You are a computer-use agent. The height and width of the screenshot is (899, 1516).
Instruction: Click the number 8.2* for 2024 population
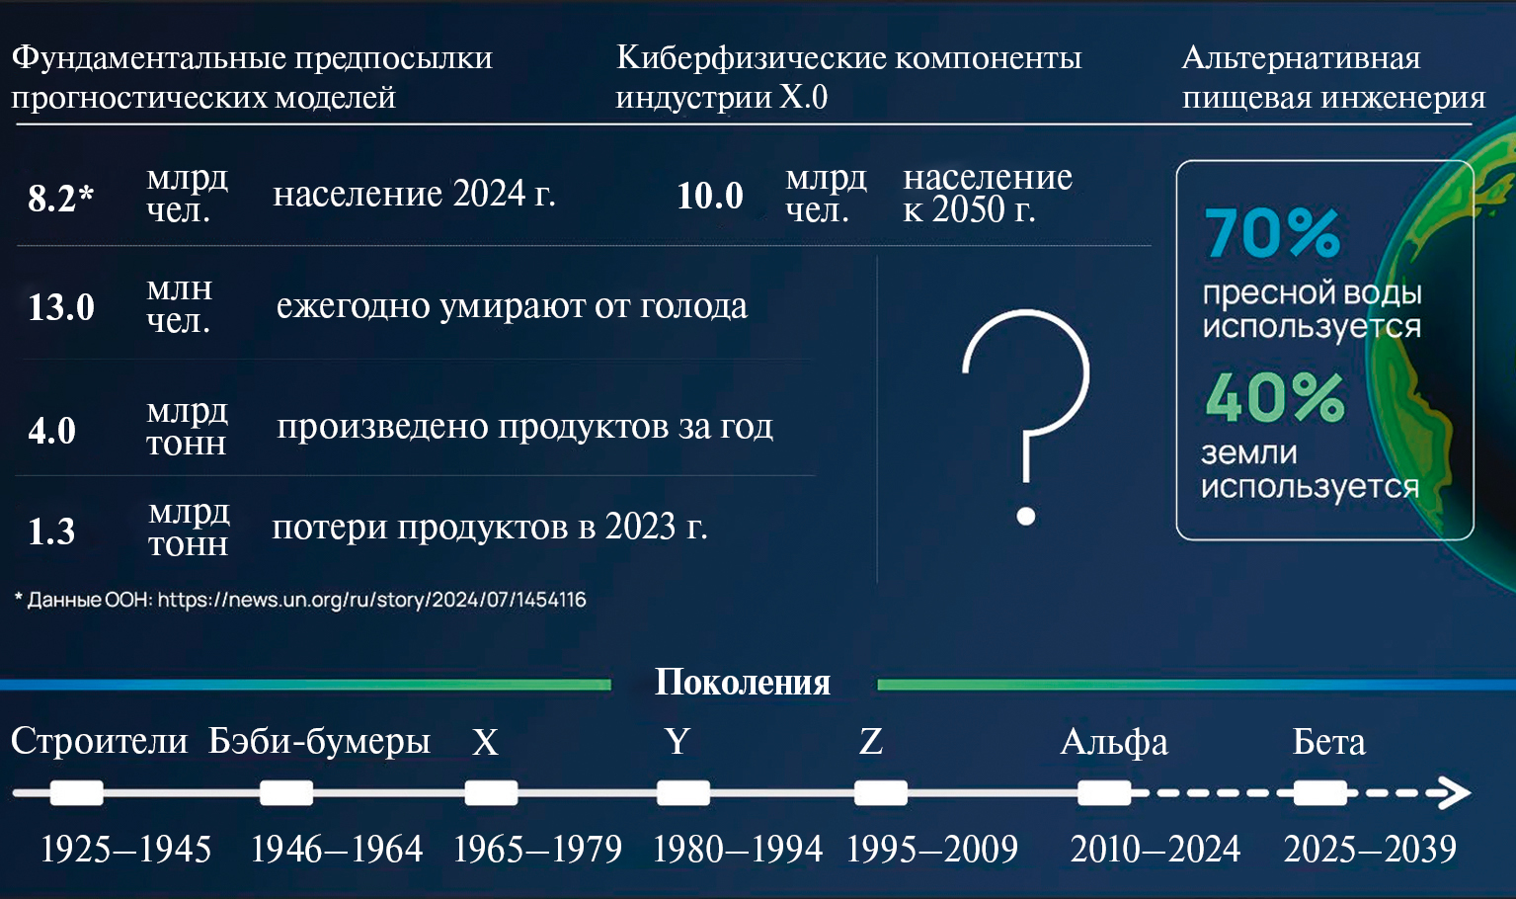tap(61, 199)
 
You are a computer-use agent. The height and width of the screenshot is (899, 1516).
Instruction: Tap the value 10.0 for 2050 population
tap(710, 196)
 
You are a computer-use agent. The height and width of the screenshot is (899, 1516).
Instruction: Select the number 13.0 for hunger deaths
tap(61, 307)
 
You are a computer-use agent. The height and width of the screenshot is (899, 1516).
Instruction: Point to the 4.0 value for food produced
tap(51, 431)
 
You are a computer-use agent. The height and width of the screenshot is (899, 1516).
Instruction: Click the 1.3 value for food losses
tap(51, 531)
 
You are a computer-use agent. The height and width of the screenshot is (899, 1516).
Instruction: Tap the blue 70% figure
tap(1272, 233)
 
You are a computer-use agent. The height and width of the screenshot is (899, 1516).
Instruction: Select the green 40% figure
tap(1275, 397)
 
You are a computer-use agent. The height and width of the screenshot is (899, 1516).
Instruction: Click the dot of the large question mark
tap(1026, 517)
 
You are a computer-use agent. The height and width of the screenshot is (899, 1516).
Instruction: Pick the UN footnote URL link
tap(371, 600)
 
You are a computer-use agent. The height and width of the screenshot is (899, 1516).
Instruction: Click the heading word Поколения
tap(743, 683)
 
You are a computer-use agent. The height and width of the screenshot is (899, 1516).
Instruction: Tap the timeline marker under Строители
tap(76, 792)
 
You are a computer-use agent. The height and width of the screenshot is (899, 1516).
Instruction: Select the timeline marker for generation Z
tap(881, 792)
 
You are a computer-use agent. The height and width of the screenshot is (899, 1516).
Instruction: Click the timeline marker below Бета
tap(1319, 792)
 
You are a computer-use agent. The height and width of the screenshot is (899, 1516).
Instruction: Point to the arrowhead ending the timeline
tap(1455, 792)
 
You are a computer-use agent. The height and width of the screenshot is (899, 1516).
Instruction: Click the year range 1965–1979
tap(537, 849)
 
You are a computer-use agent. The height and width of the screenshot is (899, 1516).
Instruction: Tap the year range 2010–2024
tap(1156, 849)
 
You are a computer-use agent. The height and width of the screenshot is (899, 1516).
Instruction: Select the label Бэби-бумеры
tap(319, 741)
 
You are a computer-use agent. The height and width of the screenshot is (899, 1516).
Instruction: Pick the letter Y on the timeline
tap(678, 741)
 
